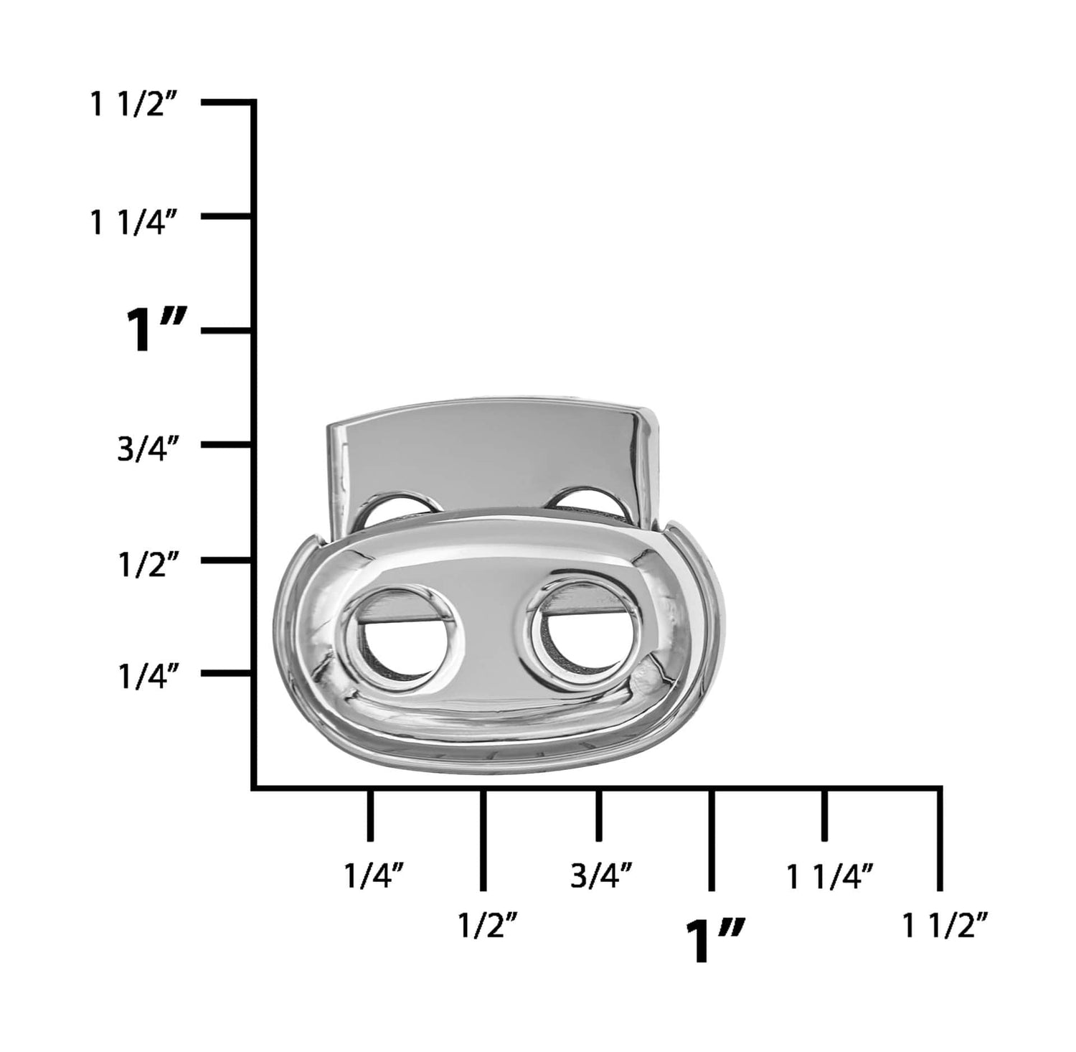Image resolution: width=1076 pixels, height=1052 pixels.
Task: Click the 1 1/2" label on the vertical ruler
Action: (133, 106)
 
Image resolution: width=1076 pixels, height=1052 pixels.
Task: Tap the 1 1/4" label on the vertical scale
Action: (133, 221)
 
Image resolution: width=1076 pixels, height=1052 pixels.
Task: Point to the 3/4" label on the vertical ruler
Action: (147, 450)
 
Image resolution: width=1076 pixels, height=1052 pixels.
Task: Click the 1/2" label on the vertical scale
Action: (147, 565)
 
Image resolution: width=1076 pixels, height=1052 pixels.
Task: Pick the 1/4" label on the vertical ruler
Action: (147, 677)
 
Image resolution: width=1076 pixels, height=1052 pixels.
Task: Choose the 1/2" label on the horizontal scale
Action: (488, 926)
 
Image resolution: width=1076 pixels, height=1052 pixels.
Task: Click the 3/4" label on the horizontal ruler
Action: (601, 876)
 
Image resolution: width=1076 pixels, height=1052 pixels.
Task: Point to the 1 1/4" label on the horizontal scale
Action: (830, 876)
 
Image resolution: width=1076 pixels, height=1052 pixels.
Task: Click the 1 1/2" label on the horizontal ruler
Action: (946, 926)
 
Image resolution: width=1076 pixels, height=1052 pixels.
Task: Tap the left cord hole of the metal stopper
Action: (397, 639)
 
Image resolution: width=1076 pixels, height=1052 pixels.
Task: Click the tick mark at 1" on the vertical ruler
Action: (226, 331)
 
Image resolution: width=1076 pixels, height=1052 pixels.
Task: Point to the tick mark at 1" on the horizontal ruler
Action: (711, 840)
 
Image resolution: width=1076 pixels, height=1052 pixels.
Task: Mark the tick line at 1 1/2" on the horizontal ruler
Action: (940, 840)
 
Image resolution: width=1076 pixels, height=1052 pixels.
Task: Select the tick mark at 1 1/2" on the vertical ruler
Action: (226, 103)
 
